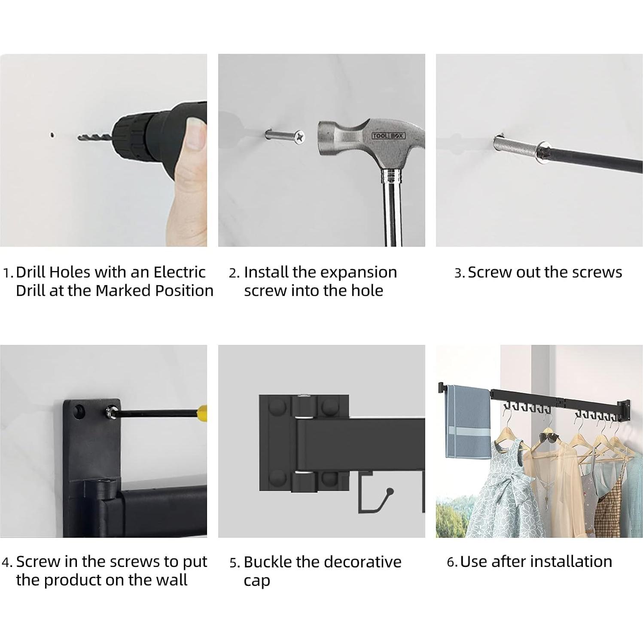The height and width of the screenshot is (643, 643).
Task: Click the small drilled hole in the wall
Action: point(52,135)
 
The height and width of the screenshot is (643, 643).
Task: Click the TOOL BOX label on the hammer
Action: point(388,136)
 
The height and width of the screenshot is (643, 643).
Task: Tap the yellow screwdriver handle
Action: point(204,414)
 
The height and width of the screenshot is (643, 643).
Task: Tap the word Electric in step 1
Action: point(180,272)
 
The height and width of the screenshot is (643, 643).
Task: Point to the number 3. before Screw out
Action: point(460,273)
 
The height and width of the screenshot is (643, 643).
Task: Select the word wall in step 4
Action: point(171,580)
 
